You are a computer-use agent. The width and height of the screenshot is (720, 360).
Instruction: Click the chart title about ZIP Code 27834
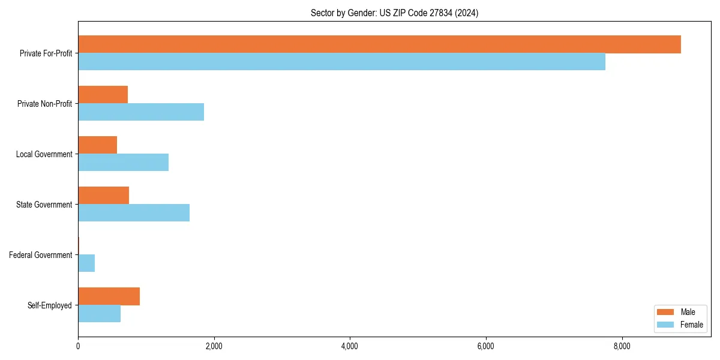pos(394,13)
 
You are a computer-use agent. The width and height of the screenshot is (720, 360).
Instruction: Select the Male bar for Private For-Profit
pos(379,44)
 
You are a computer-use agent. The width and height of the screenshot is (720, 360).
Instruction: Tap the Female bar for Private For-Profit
pos(341,62)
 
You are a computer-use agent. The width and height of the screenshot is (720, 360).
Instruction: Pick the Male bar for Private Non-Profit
pos(103,95)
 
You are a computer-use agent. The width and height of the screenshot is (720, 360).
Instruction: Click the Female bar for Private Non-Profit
pos(141,112)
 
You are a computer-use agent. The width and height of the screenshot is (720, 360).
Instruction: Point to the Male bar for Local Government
pos(97,145)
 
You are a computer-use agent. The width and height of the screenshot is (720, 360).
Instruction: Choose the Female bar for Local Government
pos(123,163)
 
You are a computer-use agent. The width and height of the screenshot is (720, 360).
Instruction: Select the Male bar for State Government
pos(103,196)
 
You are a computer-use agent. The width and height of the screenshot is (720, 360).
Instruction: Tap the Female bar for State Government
pos(134,213)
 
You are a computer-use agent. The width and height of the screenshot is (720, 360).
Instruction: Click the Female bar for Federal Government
pos(86,263)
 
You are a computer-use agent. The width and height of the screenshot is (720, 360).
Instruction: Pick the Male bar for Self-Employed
pos(109,296)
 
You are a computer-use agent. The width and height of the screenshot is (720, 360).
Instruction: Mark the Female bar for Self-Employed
pos(99,314)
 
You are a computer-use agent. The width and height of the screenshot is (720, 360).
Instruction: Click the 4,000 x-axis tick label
pos(350,346)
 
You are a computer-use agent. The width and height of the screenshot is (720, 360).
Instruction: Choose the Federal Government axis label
pos(41,255)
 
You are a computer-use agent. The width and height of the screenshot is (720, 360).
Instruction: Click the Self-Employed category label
pos(50,305)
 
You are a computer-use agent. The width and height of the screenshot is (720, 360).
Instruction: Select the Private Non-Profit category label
pos(44,104)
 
